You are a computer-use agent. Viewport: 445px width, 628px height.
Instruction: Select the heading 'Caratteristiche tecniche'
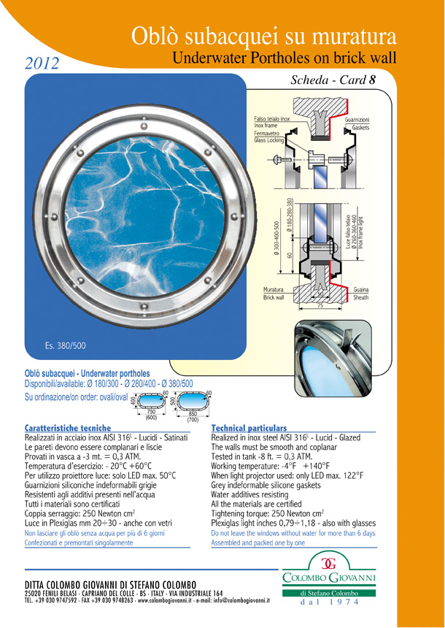coord(67,428)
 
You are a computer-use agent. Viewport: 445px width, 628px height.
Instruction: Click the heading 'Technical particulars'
coord(249,428)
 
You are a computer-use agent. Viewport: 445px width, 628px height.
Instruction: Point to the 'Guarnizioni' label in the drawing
coord(356,119)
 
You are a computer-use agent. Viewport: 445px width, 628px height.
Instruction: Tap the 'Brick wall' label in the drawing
coord(274,298)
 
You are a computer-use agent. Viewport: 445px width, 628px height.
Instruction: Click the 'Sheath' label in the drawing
coord(361,298)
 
